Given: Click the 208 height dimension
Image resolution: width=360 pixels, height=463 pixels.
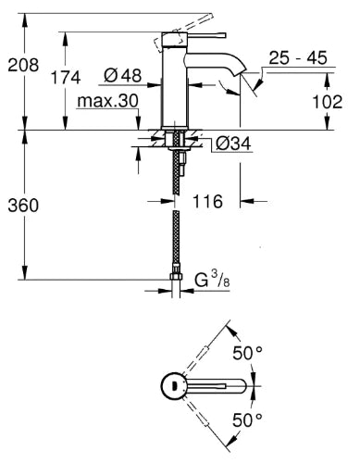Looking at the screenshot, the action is pyautogui.click(x=23, y=65).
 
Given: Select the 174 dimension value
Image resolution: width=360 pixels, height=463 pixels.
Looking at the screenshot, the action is pyautogui.click(x=66, y=77).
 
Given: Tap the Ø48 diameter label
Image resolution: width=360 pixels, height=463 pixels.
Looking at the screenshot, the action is pyautogui.click(x=123, y=75).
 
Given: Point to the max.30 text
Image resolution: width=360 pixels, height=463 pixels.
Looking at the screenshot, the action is pyautogui.click(x=107, y=101).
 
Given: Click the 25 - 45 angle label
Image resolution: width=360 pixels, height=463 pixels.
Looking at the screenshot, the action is pyautogui.click(x=298, y=57).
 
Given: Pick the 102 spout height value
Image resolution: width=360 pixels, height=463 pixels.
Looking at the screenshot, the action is pyautogui.click(x=328, y=102).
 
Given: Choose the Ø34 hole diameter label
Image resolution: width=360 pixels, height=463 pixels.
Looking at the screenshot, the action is pyautogui.click(x=233, y=144).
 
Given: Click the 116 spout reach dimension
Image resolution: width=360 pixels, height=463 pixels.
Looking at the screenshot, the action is pyautogui.click(x=207, y=201).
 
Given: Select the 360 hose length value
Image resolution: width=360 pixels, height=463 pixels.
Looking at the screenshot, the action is pyautogui.click(x=23, y=206).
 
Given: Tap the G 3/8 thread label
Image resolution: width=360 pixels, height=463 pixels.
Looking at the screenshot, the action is pyautogui.click(x=212, y=279).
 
